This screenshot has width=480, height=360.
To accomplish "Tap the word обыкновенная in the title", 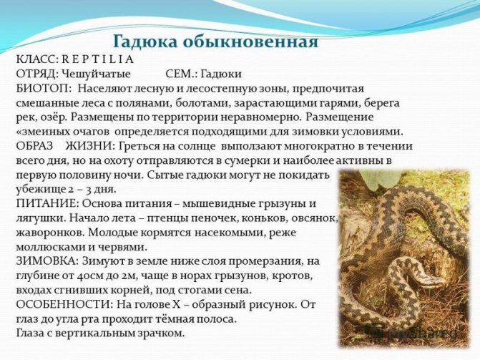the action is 250,42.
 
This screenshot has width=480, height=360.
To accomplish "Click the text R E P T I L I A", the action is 98,59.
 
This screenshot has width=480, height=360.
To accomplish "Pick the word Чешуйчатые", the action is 96,74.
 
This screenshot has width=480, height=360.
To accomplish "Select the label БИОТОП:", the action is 44,88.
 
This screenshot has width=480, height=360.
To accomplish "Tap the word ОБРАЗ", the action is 34,146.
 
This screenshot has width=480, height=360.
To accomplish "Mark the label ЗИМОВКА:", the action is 47,261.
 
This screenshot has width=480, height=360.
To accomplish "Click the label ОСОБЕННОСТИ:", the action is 64,305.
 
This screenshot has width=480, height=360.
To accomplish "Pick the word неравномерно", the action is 260,117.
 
